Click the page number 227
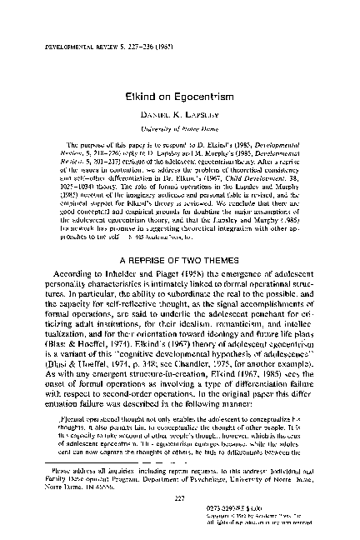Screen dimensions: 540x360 (x=179, y=497)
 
